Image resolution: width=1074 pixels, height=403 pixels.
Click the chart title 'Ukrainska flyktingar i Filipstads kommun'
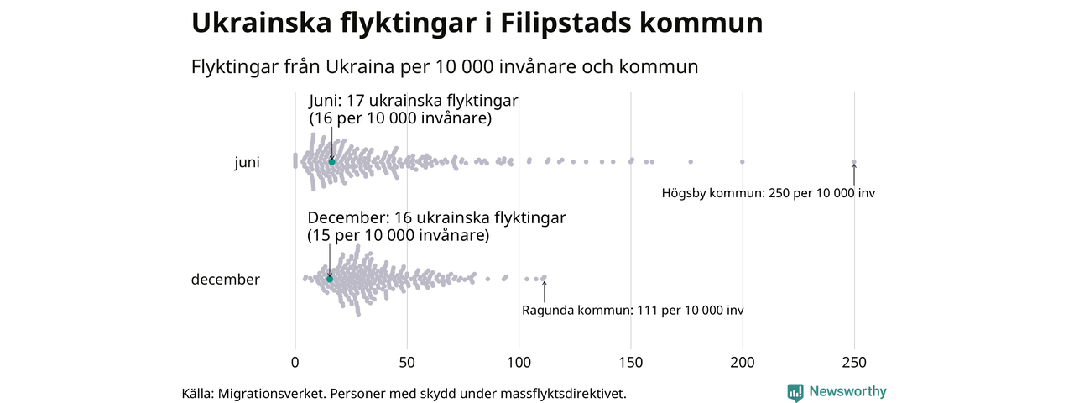click(x=477, y=24)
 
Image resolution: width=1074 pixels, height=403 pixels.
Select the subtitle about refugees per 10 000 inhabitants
click(x=445, y=66)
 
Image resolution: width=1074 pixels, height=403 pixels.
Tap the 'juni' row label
click(x=247, y=163)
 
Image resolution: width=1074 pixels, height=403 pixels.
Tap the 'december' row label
click(x=226, y=280)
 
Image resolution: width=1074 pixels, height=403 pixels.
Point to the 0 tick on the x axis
click(x=295, y=363)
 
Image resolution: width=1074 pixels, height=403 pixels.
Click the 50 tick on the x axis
click(x=407, y=363)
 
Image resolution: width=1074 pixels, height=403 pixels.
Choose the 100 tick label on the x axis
click(x=519, y=363)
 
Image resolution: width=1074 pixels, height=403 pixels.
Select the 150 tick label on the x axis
click(x=630, y=363)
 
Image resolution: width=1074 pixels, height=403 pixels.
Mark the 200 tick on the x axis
click(x=743, y=363)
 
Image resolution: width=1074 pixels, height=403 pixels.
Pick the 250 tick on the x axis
click(x=854, y=363)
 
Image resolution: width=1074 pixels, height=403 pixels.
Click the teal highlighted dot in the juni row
click(x=331, y=162)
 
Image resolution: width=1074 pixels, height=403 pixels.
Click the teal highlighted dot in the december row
click(x=330, y=279)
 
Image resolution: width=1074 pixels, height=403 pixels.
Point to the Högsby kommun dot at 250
click(x=854, y=162)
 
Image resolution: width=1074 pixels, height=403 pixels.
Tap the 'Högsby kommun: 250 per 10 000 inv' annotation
click(x=768, y=193)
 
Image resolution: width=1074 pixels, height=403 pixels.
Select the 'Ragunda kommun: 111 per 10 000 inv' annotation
click(x=632, y=311)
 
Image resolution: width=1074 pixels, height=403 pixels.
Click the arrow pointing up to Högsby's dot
click(x=854, y=174)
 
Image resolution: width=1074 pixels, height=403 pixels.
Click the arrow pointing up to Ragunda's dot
click(x=544, y=290)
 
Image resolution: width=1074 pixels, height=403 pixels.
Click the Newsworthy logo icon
click(x=795, y=392)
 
